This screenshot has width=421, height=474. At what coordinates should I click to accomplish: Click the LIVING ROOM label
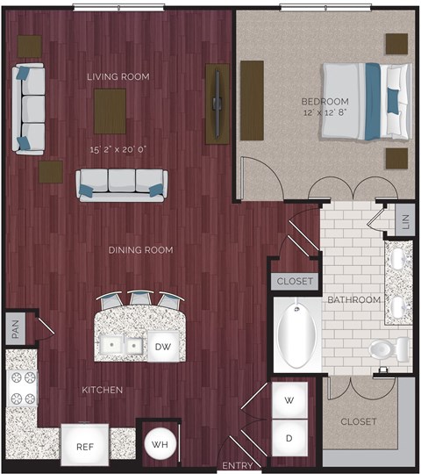(118, 77)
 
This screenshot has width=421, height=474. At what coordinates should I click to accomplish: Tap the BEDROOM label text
(325, 101)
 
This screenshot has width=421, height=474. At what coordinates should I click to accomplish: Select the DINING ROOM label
(140, 250)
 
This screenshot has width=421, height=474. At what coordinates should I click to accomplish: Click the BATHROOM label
(354, 300)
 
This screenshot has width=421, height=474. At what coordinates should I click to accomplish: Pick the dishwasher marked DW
(163, 347)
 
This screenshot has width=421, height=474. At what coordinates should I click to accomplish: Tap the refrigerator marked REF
(84, 446)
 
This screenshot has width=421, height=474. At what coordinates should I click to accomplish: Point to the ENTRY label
(238, 465)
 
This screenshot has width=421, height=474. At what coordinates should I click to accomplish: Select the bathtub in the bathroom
(296, 335)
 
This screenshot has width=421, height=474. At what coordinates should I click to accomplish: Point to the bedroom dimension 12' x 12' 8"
(325, 113)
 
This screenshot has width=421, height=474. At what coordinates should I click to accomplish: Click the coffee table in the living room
(110, 111)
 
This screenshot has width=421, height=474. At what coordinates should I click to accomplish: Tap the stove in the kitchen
(22, 388)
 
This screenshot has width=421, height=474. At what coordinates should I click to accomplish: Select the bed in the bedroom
(364, 100)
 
